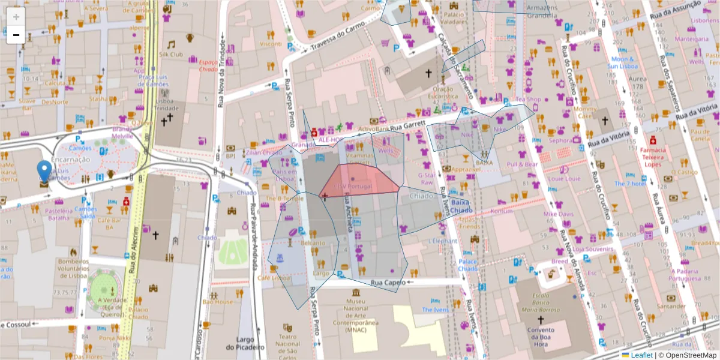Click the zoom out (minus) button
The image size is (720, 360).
pyautogui.click(x=16, y=35)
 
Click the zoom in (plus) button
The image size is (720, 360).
pyautogui.click(x=16, y=17)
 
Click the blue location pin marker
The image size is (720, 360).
pyautogui.click(x=44, y=171)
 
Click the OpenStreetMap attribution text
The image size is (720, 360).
pyautogui.click(x=691, y=355)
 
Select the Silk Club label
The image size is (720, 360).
pyautogui.click(x=171, y=54)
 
